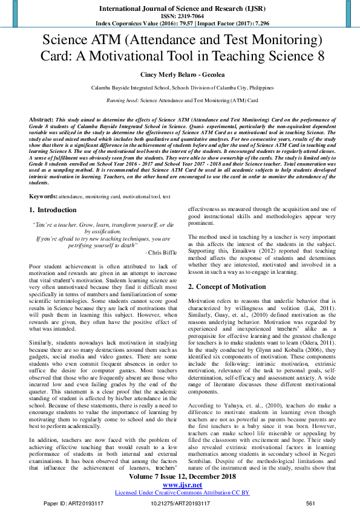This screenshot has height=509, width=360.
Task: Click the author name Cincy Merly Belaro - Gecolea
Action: click(180, 75)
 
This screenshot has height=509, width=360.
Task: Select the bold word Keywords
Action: click(44, 196)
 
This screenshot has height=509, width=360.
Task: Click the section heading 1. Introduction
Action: click(53, 210)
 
